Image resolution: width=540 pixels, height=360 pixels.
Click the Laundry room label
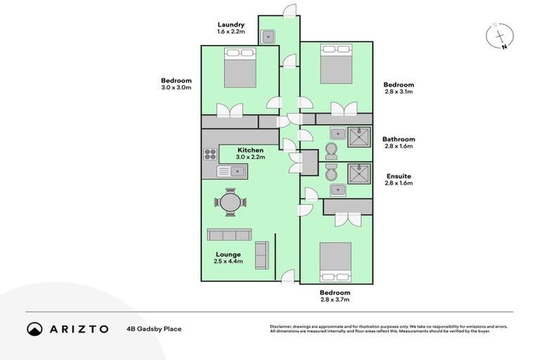coord(230,25)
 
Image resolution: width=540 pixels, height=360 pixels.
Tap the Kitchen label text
coord(250,150)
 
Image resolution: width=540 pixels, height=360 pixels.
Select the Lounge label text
coord(229,254)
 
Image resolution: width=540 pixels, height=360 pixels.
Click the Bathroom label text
coord(398,139)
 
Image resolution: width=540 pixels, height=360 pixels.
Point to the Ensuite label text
coord(398,176)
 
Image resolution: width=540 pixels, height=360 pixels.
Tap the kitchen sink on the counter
coord(231,171)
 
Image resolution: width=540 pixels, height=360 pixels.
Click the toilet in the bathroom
coord(332,150)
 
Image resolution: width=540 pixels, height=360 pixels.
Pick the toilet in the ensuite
coord(331,171)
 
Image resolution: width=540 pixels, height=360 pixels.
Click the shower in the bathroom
coord(359,135)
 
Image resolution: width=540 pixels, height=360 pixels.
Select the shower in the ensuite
coord(359,172)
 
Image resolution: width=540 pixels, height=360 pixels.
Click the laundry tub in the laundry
coord(269,37)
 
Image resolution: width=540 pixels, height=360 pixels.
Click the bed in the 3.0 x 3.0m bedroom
coord(240,68)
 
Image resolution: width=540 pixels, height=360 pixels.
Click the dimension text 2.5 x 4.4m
coord(229,262)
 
